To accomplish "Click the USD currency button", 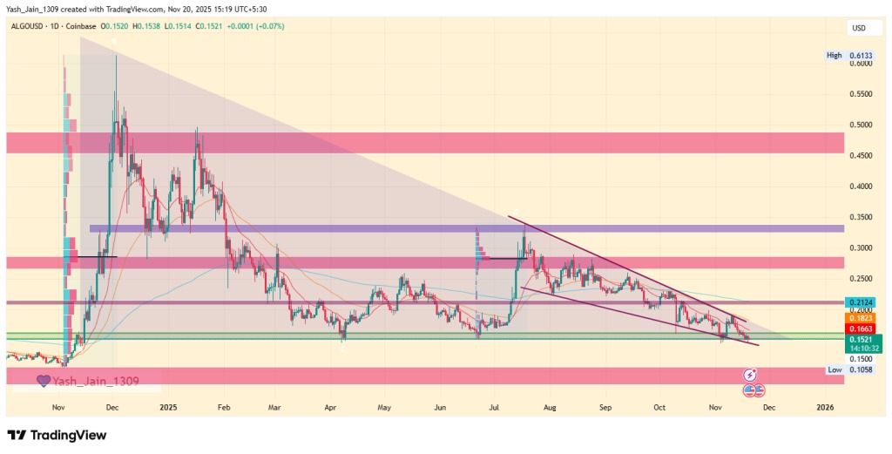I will (x=858, y=29).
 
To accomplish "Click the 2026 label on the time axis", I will (x=825, y=407).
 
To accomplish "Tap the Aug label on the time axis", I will (x=550, y=407).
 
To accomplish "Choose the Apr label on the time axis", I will (x=330, y=407).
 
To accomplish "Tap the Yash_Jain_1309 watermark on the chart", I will (x=95, y=381).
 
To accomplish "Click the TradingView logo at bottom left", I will (x=56, y=435).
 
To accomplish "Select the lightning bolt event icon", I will (x=749, y=375).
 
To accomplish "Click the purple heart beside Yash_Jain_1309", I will (x=42, y=381).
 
